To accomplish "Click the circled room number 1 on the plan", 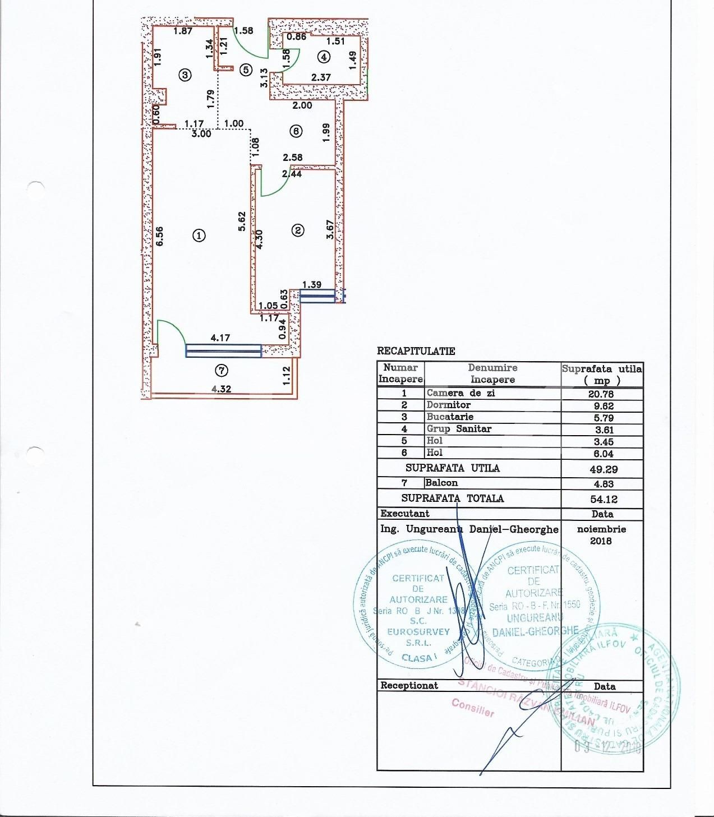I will click(x=199, y=236).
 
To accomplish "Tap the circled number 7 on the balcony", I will click(x=222, y=370).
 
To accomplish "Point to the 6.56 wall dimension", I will click(x=160, y=236).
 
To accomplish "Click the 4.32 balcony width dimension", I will click(x=220, y=389).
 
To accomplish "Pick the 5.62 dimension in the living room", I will click(x=242, y=221).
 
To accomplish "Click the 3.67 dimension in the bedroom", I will click(x=330, y=229).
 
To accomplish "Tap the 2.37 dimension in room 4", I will click(x=321, y=77).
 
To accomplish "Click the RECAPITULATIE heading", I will click(x=416, y=352).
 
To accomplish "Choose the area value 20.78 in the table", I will click(x=601, y=394).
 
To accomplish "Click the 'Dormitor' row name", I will click(x=448, y=405).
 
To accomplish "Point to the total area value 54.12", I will click(x=601, y=499).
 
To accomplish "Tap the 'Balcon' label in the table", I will click(x=441, y=483).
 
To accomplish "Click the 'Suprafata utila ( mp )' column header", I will click(x=602, y=374).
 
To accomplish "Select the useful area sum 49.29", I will click(x=601, y=469).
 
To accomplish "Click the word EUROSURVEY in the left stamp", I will click(x=418, y=632).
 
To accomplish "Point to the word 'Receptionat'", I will click(x=409, y=685).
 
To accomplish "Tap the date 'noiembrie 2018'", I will click(x=601, y=535).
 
